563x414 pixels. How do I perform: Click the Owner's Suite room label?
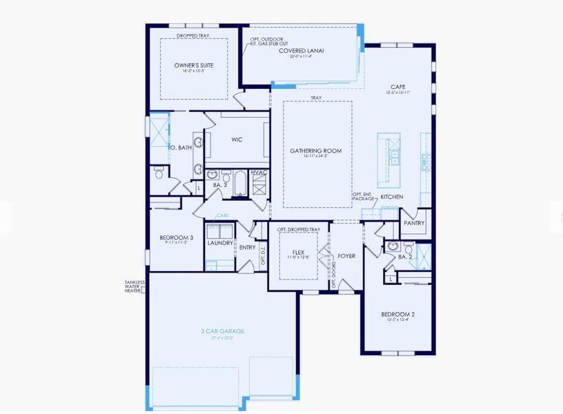193,65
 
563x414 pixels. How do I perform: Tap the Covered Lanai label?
302,51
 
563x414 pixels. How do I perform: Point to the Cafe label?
397,87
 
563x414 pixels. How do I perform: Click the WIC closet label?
237,139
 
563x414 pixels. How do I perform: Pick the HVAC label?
259,172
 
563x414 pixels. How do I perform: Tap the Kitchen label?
392,197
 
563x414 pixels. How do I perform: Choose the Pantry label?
414,223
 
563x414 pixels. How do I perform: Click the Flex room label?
299,253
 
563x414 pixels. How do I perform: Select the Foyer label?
346,256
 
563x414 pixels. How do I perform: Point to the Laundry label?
220,242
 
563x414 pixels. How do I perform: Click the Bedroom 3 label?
176,237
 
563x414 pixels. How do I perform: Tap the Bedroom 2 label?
397,315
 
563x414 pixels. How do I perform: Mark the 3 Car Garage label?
222,331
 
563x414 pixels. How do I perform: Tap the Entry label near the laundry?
247,248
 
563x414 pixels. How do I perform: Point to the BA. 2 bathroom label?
405,257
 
